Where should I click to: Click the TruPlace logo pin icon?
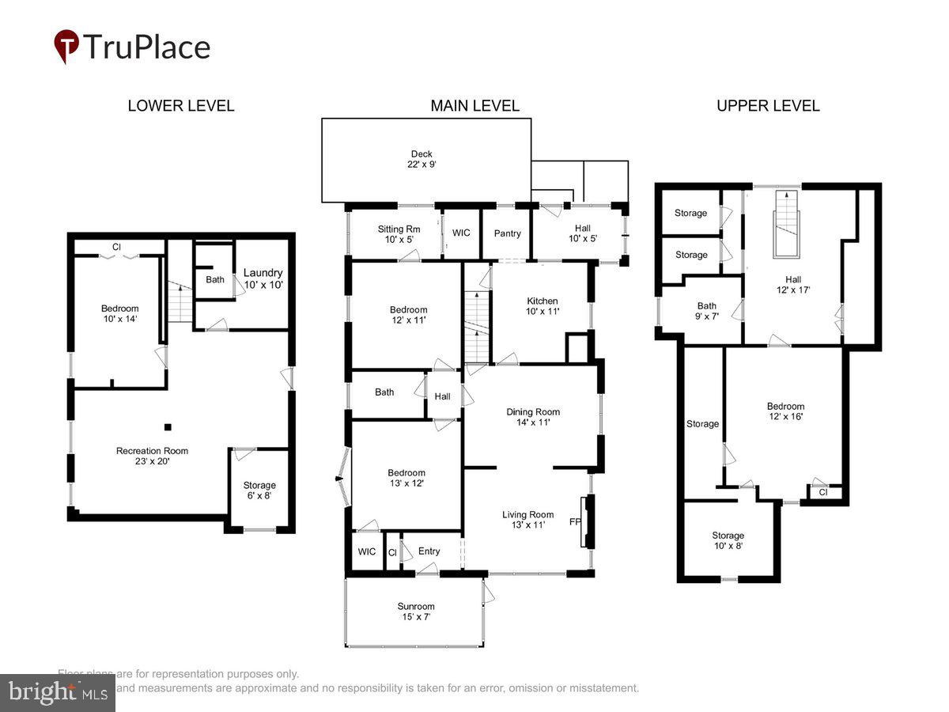coord(66,45)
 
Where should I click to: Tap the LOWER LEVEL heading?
coord(181,106)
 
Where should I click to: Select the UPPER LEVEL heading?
coord(768,106)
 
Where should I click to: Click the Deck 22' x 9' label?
coord(422,159)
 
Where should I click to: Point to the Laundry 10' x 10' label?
coord(263,278)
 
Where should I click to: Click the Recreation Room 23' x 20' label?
coord(152,456)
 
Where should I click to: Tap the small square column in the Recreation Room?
coord(167,428)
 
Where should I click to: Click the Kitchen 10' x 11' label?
coord(543,306)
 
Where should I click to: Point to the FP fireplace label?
coord(575,522)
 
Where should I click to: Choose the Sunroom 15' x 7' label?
coord(415,612)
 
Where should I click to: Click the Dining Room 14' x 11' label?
coord(533,417)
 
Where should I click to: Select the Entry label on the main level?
coord(429,551)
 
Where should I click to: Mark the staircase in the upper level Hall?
coord(787,223)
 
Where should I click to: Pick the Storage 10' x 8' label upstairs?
coord(728,540)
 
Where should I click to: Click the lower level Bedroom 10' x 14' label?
coord(119,314)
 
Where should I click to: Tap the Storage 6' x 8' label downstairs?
coord(259,490)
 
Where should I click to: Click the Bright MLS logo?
coord(57,693)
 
